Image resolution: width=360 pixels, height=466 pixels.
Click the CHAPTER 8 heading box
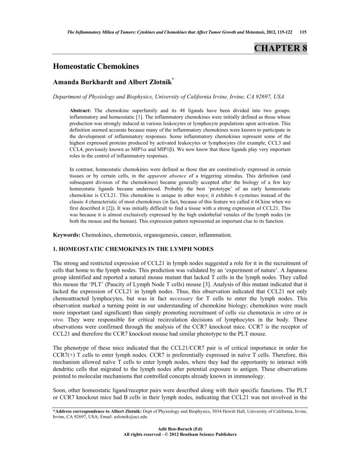(280, 48)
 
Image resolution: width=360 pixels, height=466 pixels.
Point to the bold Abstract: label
(80, 109)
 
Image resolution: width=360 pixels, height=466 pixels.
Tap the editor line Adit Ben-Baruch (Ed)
(180, 428)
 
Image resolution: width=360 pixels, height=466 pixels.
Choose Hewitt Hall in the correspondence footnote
(229, 411)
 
